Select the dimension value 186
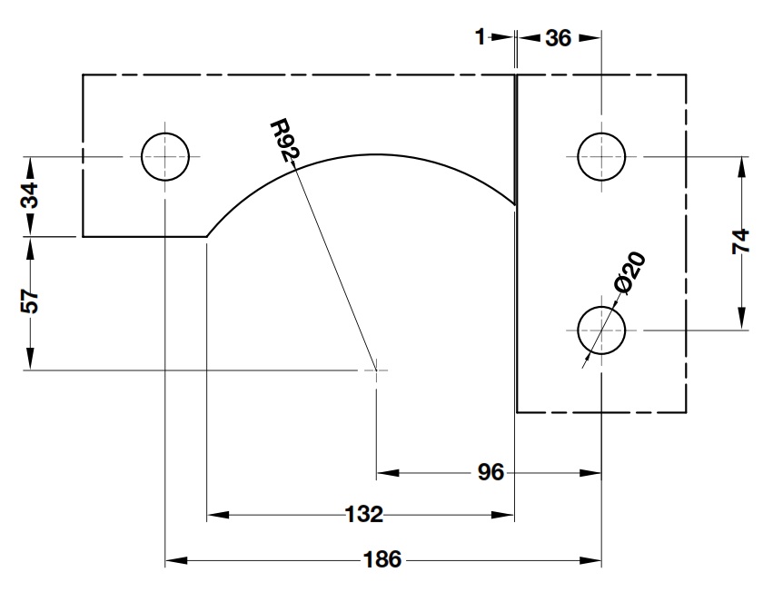382,559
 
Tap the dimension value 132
363,515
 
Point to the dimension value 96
491,472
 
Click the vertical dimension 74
742,242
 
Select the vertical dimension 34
31,196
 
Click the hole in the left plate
165,156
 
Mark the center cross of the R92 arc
376,370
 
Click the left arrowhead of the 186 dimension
173,560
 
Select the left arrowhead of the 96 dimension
385,472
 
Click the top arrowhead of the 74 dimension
742,164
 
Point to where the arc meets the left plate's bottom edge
207,236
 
